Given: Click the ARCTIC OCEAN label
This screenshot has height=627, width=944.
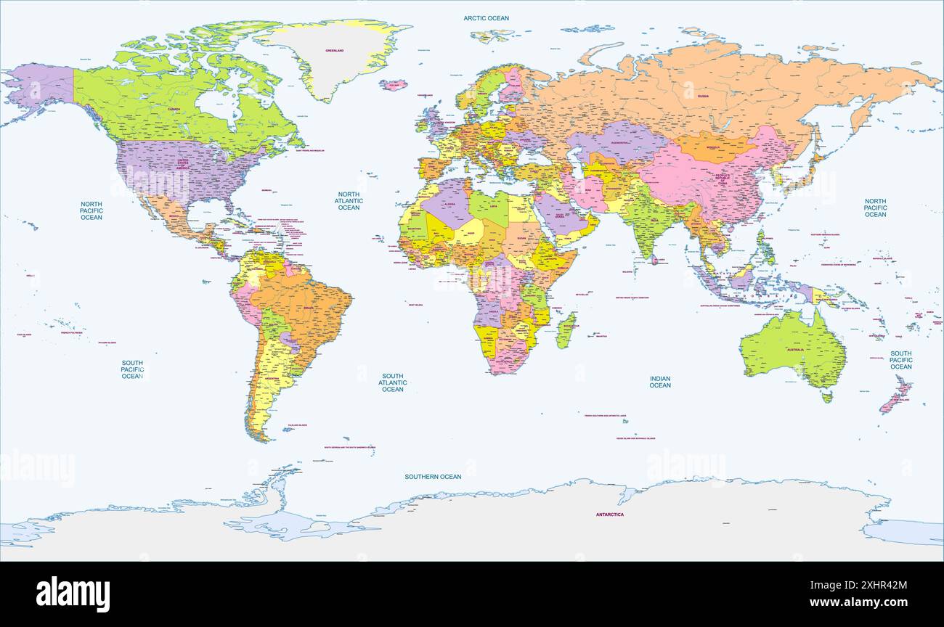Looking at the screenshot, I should click(x=487, y=18).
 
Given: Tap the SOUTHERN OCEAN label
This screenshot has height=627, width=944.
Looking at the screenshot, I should click(x=433, y=477).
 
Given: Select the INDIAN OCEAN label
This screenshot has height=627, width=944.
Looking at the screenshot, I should click(x=660, y=382).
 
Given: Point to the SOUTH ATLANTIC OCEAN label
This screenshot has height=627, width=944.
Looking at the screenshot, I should click(x=392, y=382).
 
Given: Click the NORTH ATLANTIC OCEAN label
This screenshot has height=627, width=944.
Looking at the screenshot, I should click(x=349, y=201).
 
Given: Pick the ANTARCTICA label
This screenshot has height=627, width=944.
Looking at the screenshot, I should click(x=610, y=515).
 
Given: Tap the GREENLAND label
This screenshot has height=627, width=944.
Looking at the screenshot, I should click(x=335, y=51).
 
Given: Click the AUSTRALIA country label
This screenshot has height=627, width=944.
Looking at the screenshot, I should click(x=797, y=350).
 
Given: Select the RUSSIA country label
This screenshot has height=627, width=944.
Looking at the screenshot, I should click(x=703, y=96).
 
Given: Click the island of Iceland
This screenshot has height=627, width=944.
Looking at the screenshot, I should click(x=393, y=85).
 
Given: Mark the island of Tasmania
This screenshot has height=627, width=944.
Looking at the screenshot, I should click(x=826, y=396).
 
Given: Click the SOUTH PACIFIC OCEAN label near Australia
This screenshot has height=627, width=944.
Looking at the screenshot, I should click(x=900, y=360).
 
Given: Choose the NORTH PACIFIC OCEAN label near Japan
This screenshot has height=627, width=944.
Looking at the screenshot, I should click(x=875, y=208).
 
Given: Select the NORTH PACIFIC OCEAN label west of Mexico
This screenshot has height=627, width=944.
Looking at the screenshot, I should click(x=91, y=211).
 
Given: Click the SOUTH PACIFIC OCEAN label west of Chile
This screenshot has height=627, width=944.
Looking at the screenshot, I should click(x=132, y=369).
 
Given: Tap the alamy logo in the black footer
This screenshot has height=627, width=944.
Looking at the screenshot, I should click(x=73, y=593).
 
